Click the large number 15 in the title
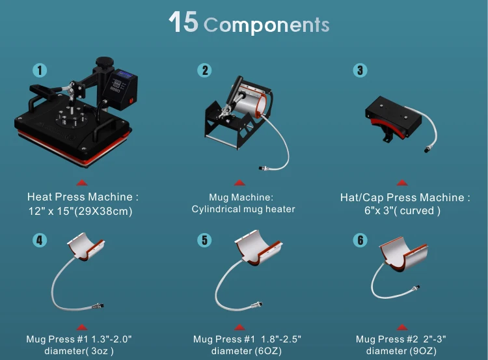tap(183, 22)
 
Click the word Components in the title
tap(266, 25)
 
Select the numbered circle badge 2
tap(206, 70)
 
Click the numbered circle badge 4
tap(40, 240)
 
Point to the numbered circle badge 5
tap(205, 240)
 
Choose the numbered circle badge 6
tap(360, 240)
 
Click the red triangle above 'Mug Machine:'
tap(239, 184)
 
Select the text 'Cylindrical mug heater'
tap(243, 209)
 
